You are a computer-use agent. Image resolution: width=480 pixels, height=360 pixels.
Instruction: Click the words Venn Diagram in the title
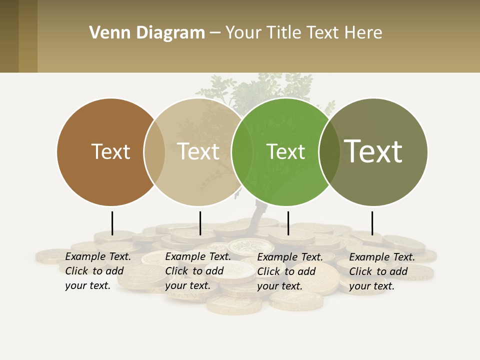[x=147, y=33]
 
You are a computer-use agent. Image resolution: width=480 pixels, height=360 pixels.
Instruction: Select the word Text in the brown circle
[x=110, y=151]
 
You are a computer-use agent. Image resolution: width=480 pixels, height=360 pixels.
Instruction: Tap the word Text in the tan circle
[x=198, y=151]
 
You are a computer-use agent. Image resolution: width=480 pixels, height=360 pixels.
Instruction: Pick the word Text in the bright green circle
[x=285, y=151]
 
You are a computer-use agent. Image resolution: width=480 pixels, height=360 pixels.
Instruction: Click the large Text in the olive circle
[x=373, y=151]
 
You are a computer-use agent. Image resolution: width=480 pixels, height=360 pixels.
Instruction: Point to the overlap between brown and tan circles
[x=154, y=152]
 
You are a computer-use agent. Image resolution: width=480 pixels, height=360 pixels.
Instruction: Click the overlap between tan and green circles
[x=242, y=152]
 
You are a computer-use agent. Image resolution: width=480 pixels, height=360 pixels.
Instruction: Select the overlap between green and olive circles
[x=329, y=152]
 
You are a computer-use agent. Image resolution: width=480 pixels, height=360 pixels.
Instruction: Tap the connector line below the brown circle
[x=112, y=223]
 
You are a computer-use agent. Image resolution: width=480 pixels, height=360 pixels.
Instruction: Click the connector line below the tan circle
[x=200, y=223]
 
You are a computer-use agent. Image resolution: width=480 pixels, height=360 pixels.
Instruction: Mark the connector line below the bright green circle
[x=288, y=223]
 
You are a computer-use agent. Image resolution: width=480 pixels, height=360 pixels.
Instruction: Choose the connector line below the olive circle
[x=372, y=223]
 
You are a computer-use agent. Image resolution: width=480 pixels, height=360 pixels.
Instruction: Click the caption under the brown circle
[x=97, y=271]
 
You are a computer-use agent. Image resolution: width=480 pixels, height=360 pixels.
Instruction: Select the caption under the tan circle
[x=197, y=271]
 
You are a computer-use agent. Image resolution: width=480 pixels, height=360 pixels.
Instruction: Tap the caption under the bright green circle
[x=289, y=271]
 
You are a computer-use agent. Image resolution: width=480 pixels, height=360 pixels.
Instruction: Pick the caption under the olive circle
[x=381, y=271]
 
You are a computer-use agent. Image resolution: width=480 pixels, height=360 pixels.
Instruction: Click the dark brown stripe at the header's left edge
[x=9, y=36]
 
